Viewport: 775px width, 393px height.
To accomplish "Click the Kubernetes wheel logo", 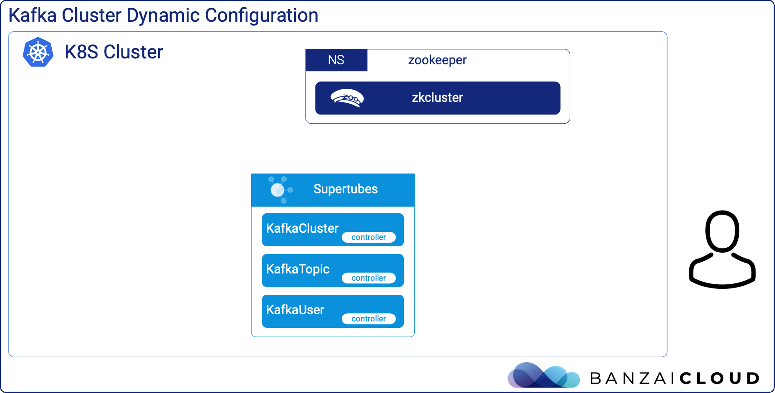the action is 38,52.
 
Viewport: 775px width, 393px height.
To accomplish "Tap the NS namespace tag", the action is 336,60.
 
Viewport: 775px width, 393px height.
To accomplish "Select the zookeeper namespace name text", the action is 437,60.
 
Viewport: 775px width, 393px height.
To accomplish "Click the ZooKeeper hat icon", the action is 347,98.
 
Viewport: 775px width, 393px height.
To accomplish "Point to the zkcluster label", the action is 437,97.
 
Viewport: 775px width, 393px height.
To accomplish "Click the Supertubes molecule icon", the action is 280,190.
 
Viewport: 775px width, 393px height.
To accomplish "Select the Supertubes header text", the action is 345,189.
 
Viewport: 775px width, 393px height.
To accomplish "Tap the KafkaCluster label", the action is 302,228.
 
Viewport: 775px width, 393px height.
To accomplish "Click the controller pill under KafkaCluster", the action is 368,237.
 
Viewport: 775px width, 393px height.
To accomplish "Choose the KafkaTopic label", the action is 298,269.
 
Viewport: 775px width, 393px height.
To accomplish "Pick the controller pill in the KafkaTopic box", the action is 368,278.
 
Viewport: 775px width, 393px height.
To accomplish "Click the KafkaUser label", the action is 295,310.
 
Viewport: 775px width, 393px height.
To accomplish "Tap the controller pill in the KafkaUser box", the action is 368,319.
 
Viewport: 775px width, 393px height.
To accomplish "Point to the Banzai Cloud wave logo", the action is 543,375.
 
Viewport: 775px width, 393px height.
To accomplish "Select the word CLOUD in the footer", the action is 720,378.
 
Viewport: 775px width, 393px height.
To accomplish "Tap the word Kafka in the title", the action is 33,15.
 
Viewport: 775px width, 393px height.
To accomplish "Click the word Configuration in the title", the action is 262,16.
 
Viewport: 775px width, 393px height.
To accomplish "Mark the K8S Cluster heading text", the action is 113,52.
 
